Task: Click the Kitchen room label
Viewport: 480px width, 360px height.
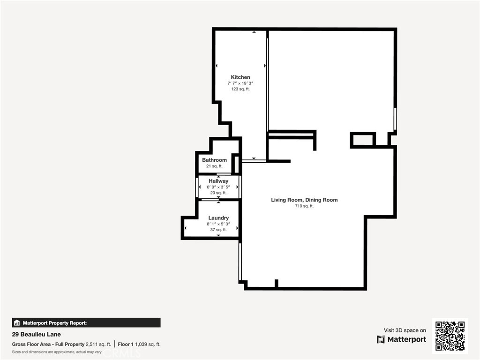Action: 240,77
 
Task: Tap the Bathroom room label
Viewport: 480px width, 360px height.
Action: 214,160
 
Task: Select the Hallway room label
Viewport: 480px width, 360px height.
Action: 218,181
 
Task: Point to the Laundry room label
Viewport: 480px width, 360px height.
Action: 218,218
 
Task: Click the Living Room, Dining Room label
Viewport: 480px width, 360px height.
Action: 304,200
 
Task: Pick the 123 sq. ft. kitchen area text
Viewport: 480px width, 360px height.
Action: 240,89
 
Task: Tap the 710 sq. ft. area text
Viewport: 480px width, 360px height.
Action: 304,206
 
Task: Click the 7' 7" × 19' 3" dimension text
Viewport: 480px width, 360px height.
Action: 240,83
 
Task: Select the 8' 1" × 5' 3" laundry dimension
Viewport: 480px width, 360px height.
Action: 218,224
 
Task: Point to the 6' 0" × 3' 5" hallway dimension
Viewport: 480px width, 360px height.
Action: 218,187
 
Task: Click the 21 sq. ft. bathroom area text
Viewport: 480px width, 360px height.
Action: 214,166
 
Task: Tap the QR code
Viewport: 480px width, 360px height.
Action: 450,335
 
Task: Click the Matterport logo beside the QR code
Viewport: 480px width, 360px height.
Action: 402,339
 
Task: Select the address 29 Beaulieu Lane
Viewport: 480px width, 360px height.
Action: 36,335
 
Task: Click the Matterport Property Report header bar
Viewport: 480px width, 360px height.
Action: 86,322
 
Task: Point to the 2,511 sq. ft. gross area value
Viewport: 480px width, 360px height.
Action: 98,344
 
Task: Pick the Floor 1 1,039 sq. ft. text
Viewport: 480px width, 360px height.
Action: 139,344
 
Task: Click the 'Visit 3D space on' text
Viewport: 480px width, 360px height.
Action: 405,330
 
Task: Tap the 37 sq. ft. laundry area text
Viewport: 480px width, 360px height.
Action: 218,230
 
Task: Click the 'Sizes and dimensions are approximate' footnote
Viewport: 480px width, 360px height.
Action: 57,352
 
